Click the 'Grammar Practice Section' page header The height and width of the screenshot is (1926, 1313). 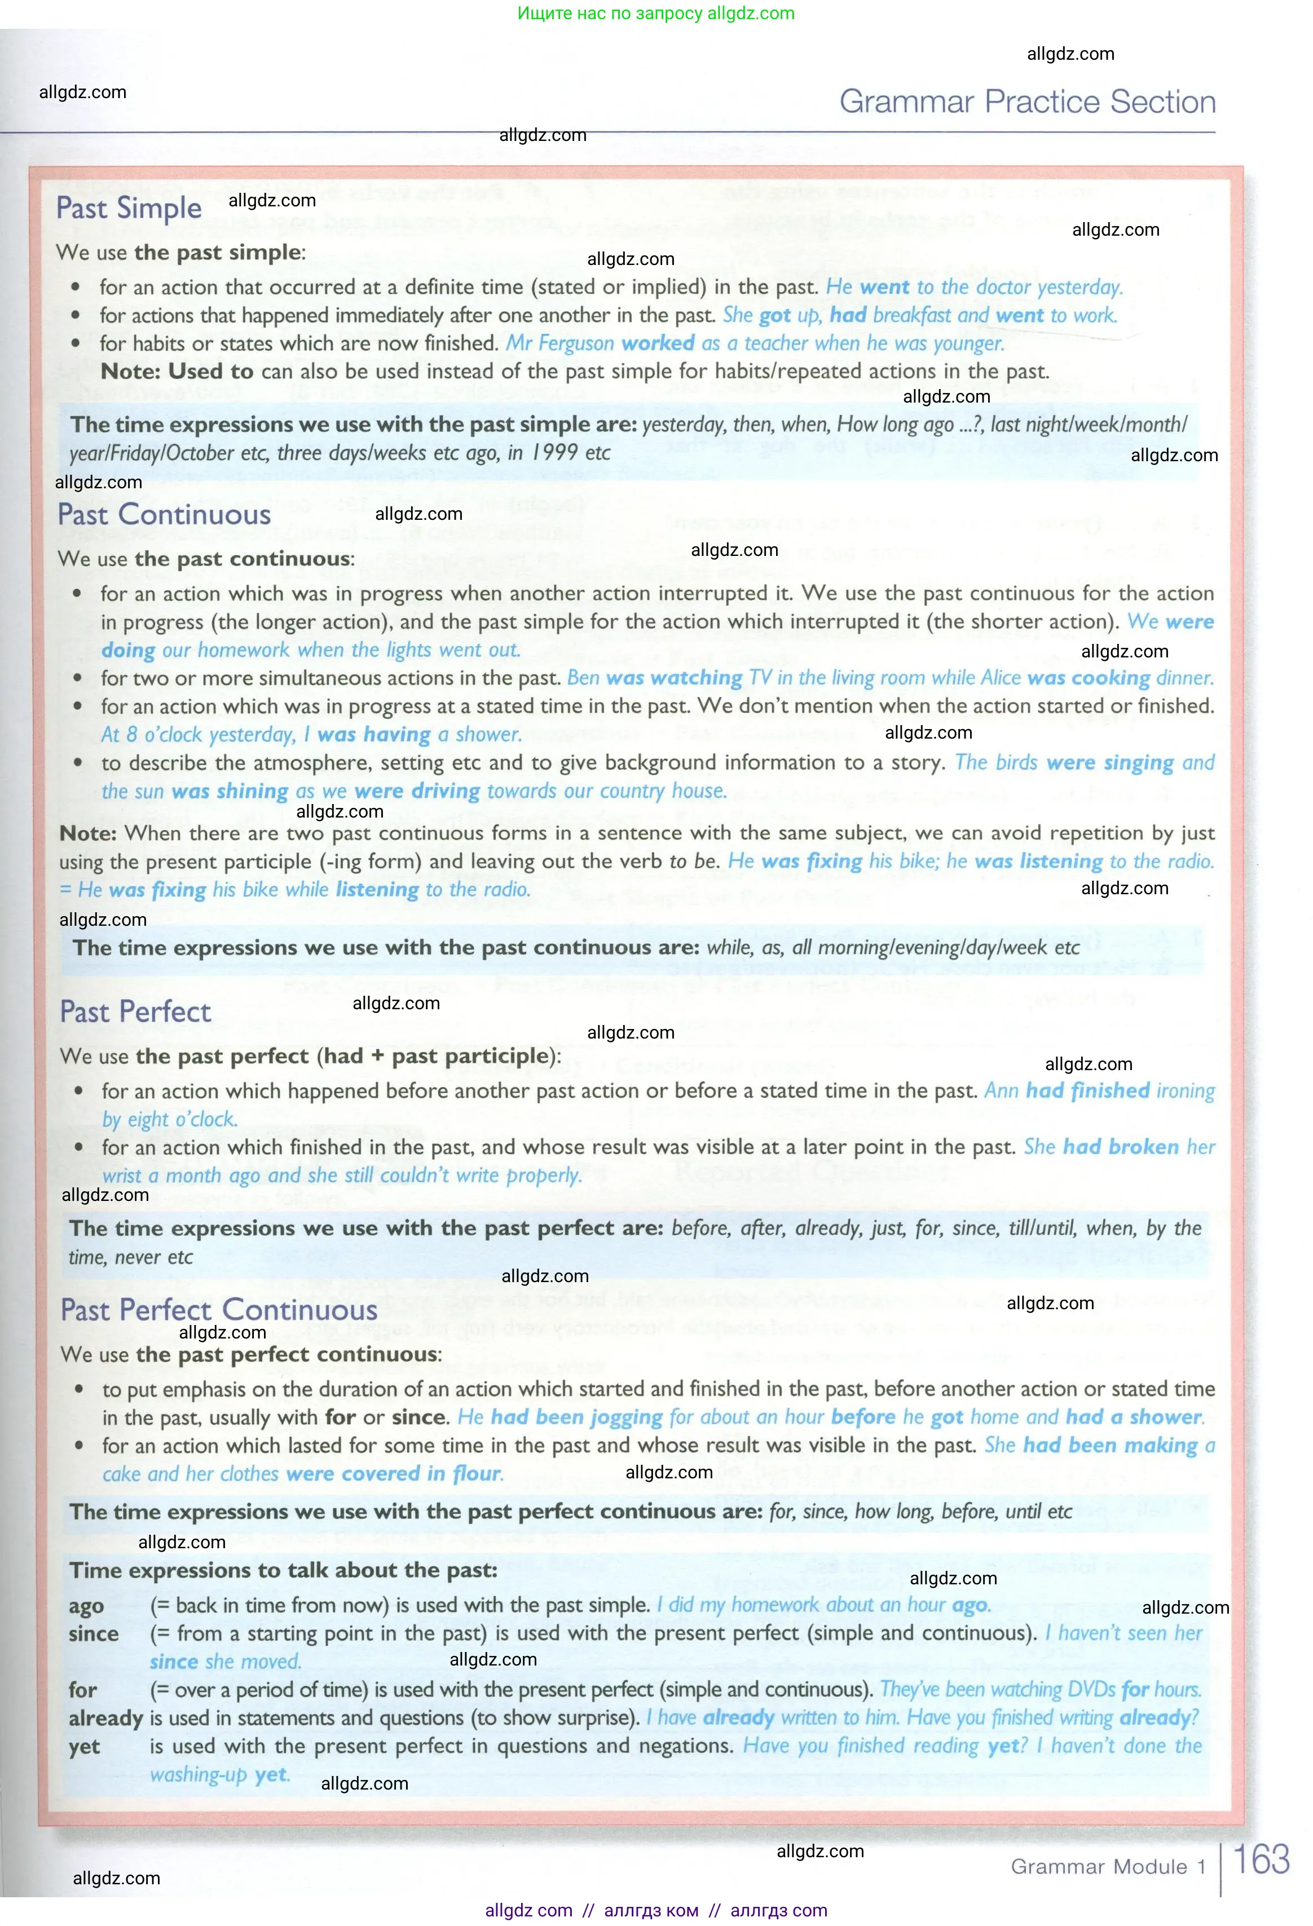pos(1027,102)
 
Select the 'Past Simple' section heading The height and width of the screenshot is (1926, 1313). pos(129,208)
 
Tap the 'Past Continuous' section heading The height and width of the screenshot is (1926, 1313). pos(164,515)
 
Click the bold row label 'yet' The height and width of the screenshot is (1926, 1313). pos(83,1746)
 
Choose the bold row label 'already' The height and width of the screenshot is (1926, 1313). pos(105,1718)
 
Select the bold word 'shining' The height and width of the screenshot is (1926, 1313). pos(252,792)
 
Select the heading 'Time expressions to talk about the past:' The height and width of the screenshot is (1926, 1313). pos(284,1570)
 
